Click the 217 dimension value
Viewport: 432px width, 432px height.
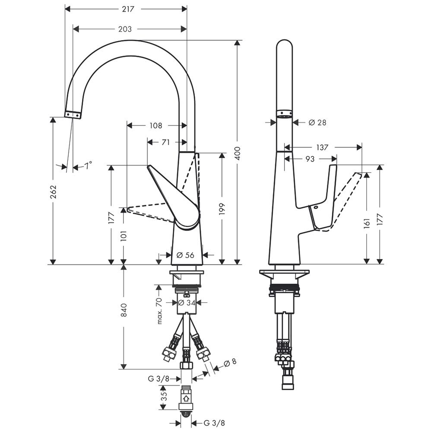128,9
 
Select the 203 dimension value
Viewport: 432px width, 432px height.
125,29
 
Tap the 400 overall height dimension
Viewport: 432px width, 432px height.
238,153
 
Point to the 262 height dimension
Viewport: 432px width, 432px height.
53,191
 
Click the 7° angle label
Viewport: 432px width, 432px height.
88,165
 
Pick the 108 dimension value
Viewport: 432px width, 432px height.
156,126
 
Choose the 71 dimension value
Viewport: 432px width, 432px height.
165,142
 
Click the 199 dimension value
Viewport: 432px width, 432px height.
222,209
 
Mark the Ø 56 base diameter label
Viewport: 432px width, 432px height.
185,255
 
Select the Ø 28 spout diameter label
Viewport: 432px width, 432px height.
318,122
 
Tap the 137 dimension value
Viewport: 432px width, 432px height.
322,147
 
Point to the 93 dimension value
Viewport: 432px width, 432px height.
310,159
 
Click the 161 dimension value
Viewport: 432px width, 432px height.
366,223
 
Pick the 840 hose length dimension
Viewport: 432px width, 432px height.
124,310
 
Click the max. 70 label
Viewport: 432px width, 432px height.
159,311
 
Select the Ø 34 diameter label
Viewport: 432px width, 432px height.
187,303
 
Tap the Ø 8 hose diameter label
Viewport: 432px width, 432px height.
230,362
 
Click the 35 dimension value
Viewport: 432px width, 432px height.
164,396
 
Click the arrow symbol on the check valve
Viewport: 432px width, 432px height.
187,398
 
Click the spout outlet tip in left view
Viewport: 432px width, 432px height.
73,114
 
